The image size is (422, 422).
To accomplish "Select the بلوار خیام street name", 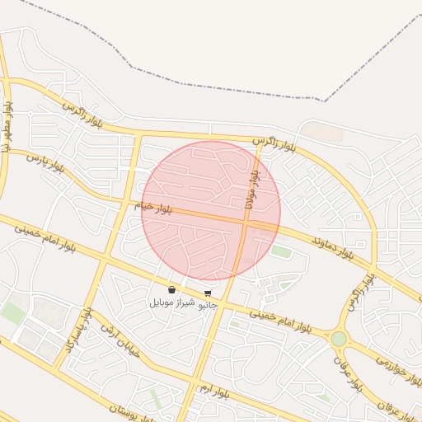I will coord(139,206).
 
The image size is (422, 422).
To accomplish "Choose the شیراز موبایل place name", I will coord(171,302).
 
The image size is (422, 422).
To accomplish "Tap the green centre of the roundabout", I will coord(339,339).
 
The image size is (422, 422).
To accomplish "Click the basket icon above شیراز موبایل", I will coord(171,289).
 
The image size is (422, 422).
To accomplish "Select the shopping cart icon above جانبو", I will coord(208,293).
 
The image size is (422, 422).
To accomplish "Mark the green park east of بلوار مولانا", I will coord(281,251).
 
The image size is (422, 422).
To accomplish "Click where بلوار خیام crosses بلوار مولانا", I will coord(246,221).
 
